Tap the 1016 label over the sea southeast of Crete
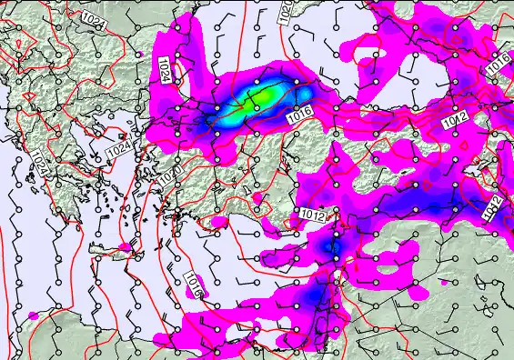point(193,285)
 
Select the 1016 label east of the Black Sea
point(497,65)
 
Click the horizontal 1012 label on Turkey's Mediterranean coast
point(312,215)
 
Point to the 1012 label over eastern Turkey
point(457,120)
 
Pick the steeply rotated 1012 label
point(492,208)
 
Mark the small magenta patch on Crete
point(125,247)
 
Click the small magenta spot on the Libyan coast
point(34,315)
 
